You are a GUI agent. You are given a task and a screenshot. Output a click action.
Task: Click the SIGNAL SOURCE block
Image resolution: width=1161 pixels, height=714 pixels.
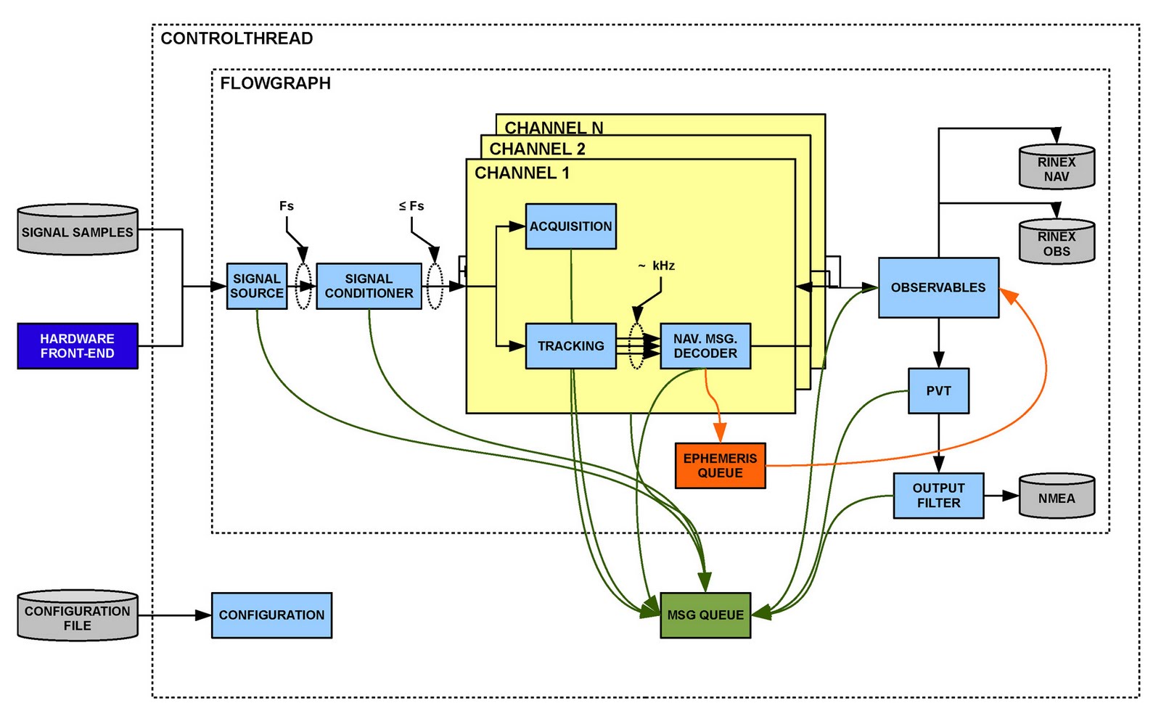point(256,286)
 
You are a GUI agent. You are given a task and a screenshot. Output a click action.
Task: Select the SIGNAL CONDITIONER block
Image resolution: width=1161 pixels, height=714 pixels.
point(369,286)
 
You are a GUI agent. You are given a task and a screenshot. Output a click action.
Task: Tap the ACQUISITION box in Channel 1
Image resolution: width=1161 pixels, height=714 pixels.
point(570,226)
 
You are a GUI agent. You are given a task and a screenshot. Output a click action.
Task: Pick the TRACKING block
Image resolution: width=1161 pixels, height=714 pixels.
point(570,346)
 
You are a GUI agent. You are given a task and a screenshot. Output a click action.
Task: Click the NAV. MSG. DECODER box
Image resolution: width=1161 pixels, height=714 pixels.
point(705,346)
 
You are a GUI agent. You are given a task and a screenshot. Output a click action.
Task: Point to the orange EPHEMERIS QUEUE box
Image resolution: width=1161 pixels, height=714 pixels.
point(720,466)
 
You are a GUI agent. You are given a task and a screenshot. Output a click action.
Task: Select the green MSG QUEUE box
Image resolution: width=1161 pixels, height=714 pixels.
point(705,615)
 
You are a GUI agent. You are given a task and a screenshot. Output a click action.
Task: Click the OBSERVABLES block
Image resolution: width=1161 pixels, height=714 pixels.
point(938,287)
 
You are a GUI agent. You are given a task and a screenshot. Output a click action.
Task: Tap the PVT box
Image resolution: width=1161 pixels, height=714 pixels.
point(938,391)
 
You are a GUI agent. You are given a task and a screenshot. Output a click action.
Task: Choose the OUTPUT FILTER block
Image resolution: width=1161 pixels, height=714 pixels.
point(938,496)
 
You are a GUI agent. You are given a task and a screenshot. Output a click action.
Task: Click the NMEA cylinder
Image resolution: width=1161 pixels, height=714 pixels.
point(1057,497)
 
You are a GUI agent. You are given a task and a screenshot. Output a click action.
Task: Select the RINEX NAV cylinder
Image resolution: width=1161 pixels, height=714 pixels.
point(1057,168)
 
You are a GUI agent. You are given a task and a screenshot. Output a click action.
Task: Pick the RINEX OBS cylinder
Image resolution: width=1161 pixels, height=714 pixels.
point(1057,243)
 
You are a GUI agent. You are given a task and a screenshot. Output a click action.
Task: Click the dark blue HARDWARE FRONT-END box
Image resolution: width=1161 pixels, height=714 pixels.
point(78,346)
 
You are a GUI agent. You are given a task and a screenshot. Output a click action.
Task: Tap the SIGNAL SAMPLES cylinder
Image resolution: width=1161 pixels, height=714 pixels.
point(78,231)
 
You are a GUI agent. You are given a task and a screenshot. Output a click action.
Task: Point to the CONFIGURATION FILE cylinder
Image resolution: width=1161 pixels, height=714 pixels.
point(78,617)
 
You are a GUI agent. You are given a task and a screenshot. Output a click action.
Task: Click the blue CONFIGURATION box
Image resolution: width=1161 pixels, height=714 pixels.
point(271,615)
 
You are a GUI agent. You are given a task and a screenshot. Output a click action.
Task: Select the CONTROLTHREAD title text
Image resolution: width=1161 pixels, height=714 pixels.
point(237,38)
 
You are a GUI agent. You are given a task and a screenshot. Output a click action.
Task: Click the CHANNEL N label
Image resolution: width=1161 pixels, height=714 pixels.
point(554,128)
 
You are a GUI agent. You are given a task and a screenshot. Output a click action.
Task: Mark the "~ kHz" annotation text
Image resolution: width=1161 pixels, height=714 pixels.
point(657,266)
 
